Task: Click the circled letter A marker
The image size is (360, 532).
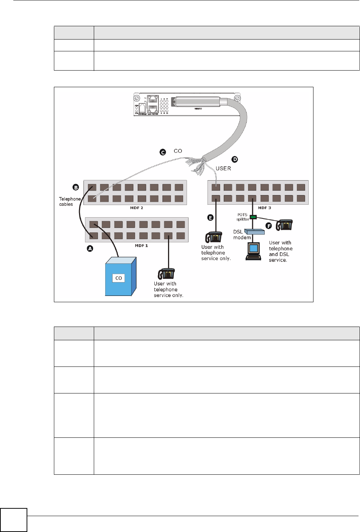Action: point(90,249)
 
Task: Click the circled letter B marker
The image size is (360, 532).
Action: point(76,187)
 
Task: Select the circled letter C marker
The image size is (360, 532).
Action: point(163,152)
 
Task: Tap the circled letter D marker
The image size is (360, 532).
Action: point(235,159)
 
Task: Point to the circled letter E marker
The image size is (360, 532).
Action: point(210,218)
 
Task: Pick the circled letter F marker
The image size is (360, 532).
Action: point(269,226)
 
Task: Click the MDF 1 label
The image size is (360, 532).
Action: point(141,246)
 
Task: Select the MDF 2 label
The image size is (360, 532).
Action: point(137,208)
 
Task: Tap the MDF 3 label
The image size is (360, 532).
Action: point(264,208)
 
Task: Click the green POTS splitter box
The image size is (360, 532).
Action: point(253,217)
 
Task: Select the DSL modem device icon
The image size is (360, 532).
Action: point(255,232)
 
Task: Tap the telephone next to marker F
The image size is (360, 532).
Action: point(285,225)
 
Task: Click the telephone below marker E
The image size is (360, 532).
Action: point(214,237)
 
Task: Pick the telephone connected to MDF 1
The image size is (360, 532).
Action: point(167,274)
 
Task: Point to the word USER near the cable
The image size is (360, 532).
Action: point(223,168)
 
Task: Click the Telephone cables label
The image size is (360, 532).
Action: point(69,201)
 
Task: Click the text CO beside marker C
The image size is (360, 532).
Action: point(178,151)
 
